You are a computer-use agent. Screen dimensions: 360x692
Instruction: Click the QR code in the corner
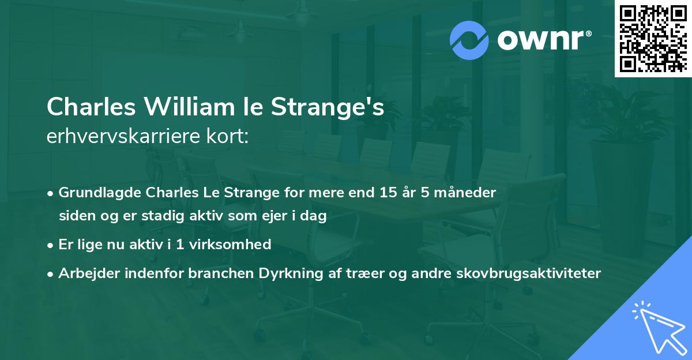click(652, 38)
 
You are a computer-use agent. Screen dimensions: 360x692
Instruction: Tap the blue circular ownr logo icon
click(469, 40)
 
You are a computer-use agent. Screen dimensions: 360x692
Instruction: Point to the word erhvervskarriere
click(115, 137)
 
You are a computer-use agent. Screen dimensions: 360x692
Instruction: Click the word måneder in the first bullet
click(469, 193)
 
